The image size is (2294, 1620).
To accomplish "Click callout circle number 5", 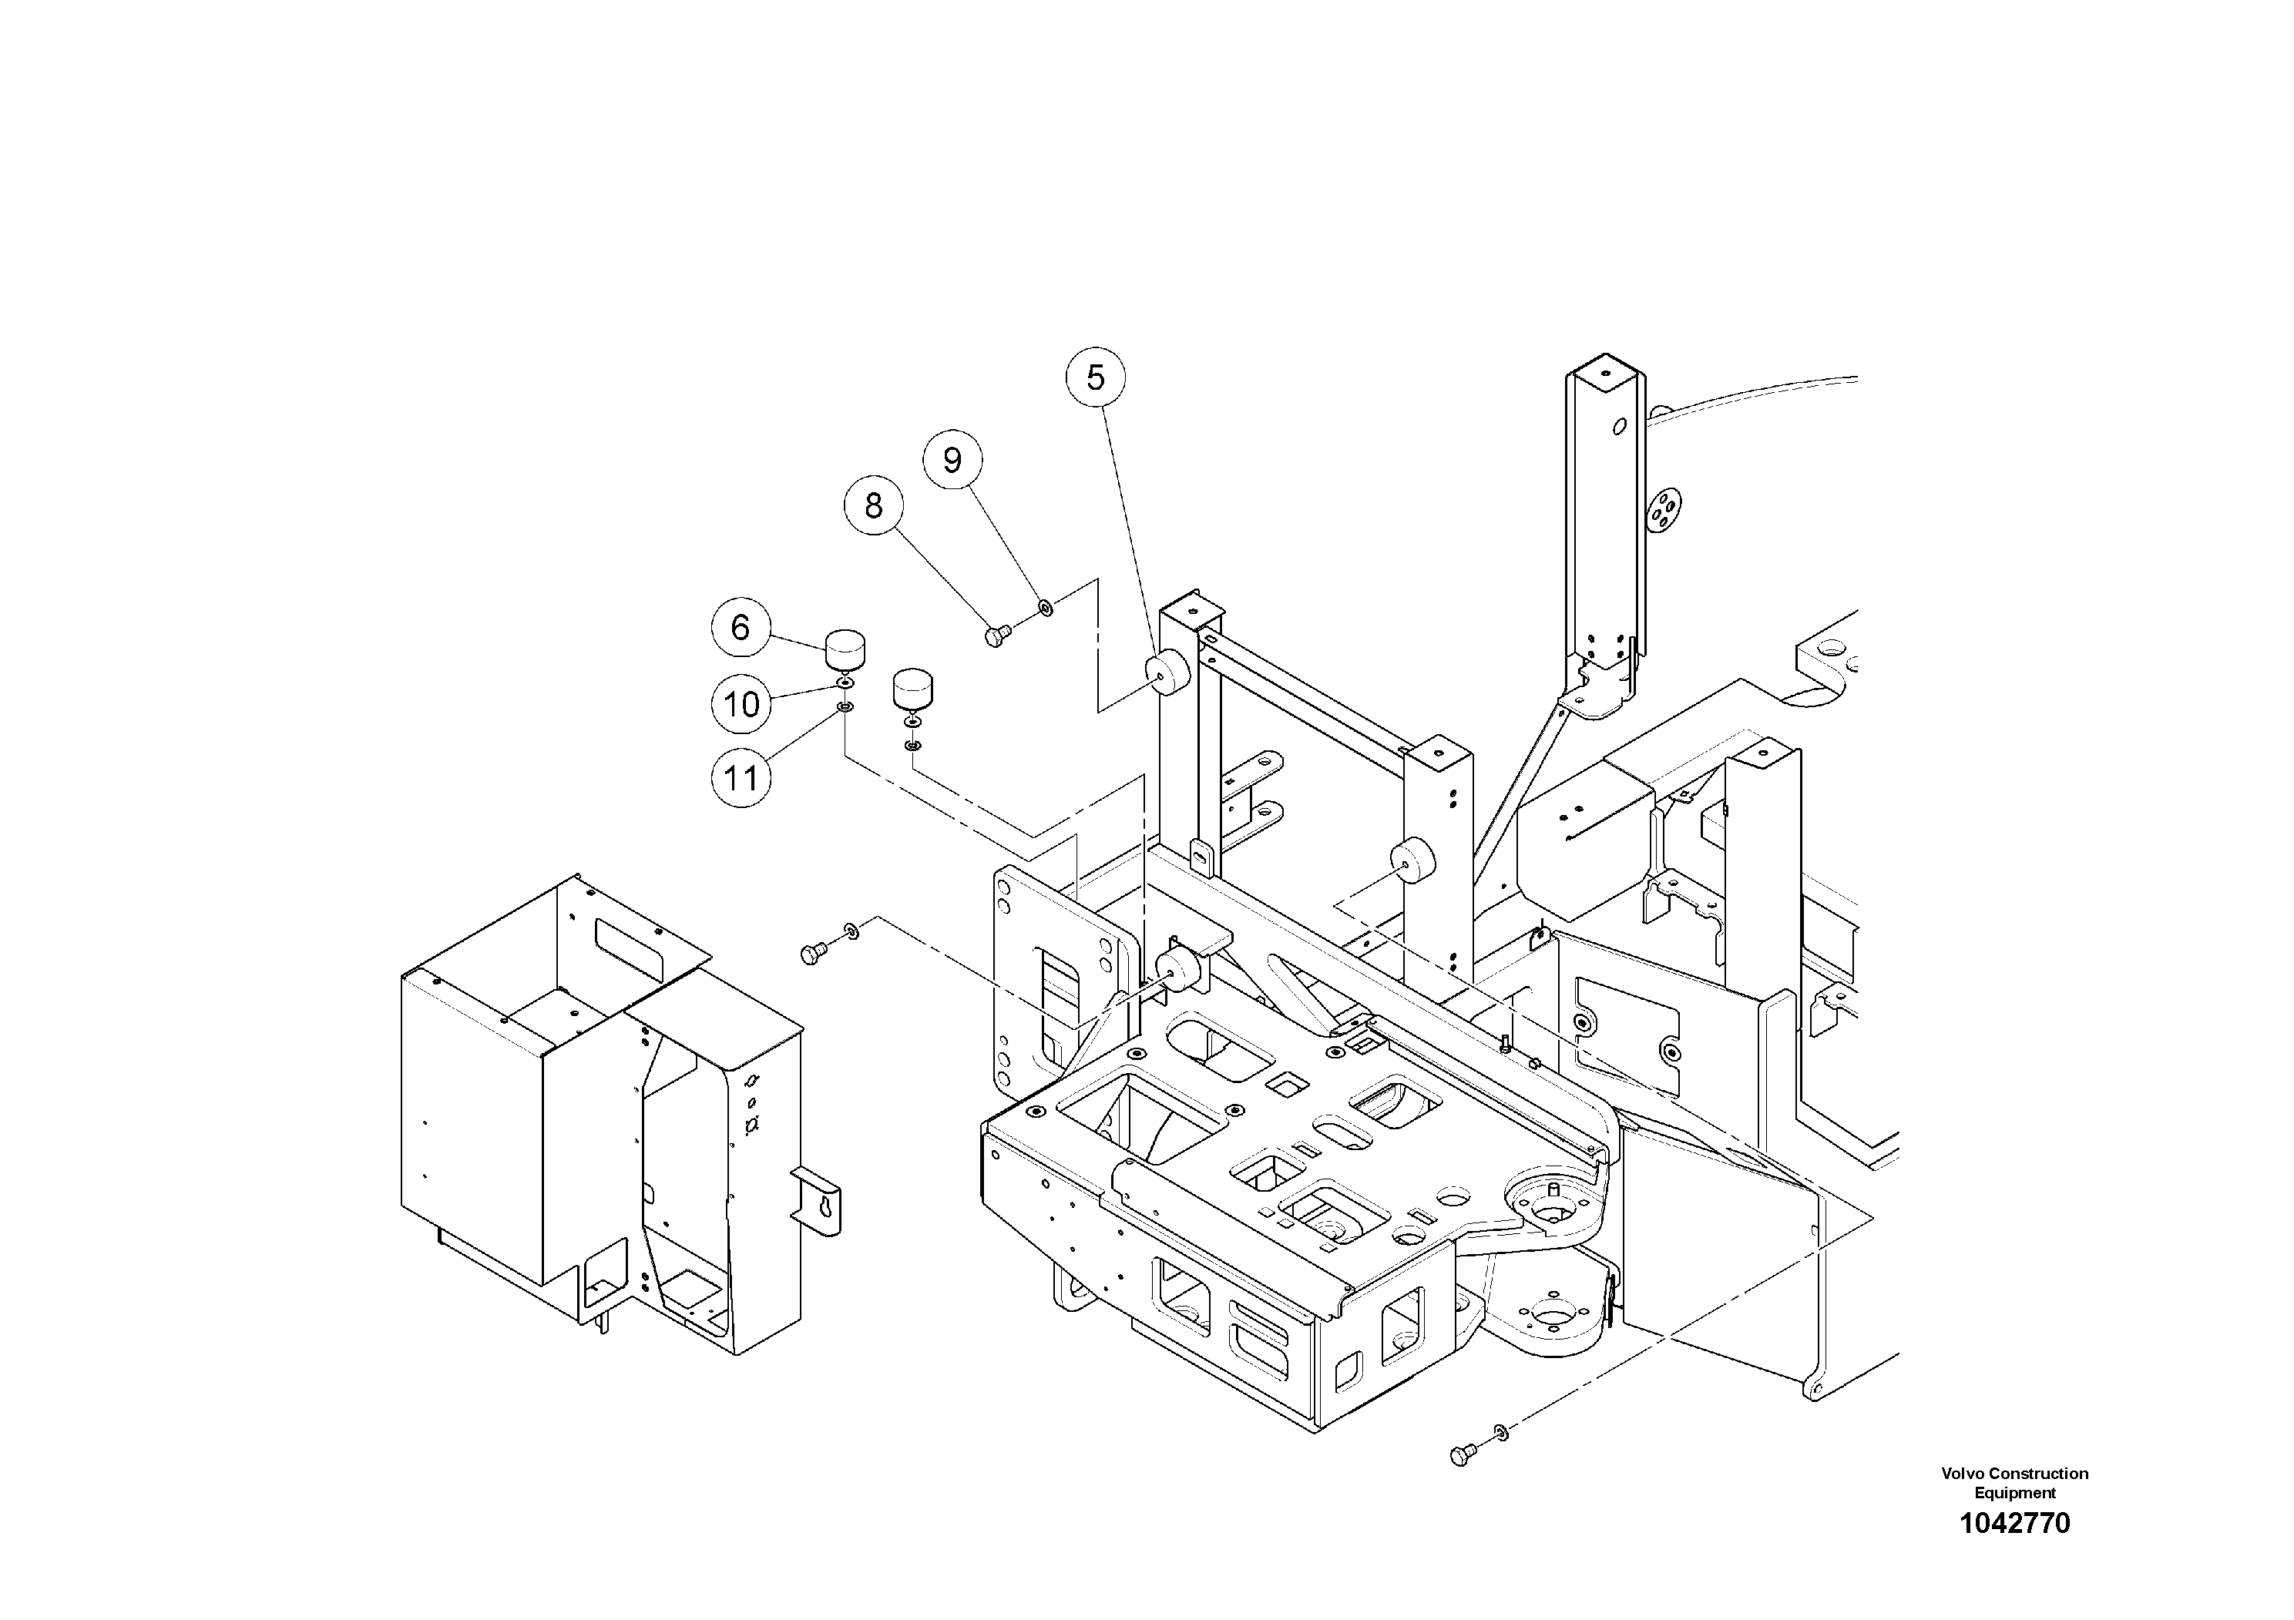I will click(x=1095, y=378).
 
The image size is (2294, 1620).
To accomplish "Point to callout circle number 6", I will click(x=741, y=627).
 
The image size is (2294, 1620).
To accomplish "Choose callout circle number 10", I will click(x=741, y=705).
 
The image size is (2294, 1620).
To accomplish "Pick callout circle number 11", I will click(x=741, y=777).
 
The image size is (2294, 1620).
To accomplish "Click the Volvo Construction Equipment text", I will click(x=2014, y=1482).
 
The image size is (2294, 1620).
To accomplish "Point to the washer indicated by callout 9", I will click(x=1045, y=605).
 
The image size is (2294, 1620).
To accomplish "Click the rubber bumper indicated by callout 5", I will click(x=1167, y=671).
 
